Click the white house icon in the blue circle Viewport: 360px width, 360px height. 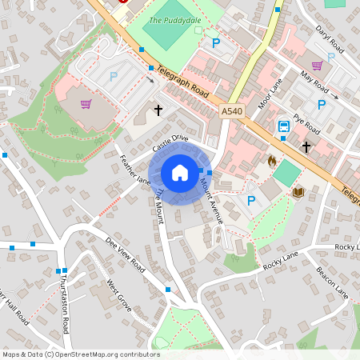click(180, 173)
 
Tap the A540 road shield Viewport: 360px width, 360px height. click(233, 112)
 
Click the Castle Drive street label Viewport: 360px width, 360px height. click(170, 143)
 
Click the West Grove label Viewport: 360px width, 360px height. click(119, 296)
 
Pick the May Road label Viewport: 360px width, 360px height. click(314, 81)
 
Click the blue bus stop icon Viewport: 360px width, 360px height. click(284, 126)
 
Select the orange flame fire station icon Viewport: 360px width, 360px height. click(271, 161)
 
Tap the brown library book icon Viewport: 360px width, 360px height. click(298, 193)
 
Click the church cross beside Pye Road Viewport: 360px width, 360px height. click(306, 146)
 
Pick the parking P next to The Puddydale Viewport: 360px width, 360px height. click(214, 42)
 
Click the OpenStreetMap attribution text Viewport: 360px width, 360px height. click(81, 354)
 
